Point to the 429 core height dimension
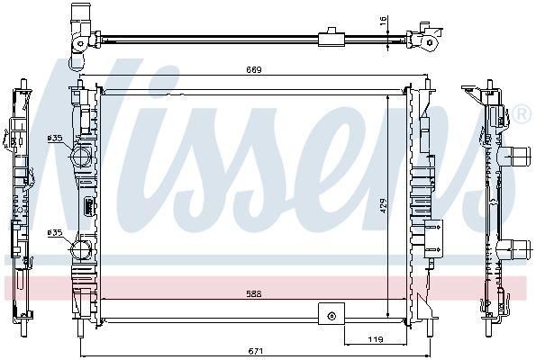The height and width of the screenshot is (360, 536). click(x=383, y=206)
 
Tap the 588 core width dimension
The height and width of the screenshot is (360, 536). click(x=246, y=292)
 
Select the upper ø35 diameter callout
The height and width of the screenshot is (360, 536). click(x=55, y=138)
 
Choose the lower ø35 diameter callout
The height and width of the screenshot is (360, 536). click(x=55, y=232)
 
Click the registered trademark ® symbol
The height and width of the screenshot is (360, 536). click(x=520, y=114)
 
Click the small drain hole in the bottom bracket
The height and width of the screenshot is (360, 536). click(x=332, y=315)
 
